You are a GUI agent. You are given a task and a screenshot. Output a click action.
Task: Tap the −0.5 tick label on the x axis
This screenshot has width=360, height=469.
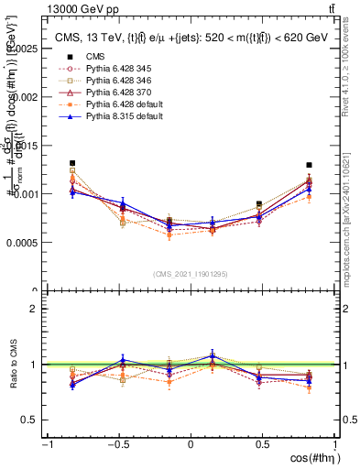tap(116, 445)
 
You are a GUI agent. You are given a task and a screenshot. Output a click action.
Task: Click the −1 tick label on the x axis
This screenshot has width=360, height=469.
tap(45, 445)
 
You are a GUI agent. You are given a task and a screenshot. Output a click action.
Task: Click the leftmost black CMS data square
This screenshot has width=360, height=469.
tap(72, 163)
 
